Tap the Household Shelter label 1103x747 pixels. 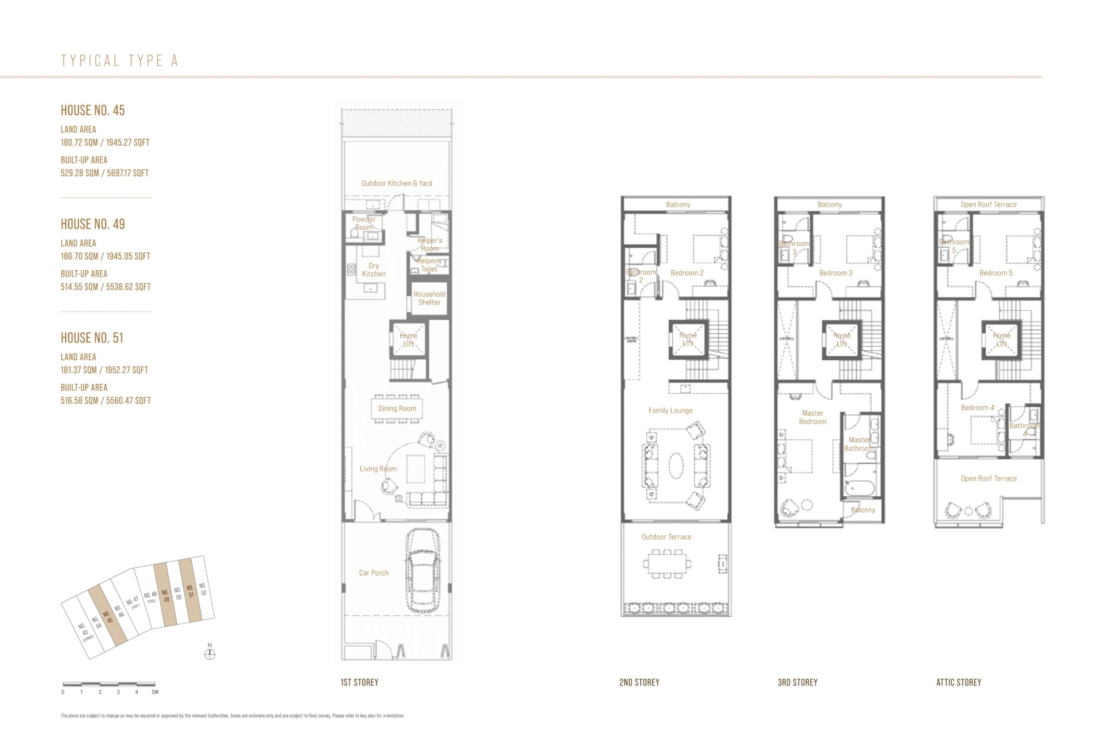pos(429,298)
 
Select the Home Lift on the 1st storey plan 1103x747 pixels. pos(408,339)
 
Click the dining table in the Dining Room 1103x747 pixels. pos(397,408)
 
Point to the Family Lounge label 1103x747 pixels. pos(670,411)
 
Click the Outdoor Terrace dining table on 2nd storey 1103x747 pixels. pos(667,564)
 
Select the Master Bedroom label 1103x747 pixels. pos(813,417)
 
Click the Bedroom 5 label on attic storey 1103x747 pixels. pos(996,273)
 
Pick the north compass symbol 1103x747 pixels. pos(209,654)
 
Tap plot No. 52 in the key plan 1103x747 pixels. pos(203,589)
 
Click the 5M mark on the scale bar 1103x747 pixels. pos(155,692)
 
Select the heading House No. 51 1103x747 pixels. pos(92,338)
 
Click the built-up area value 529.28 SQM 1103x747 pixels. pos(79,173)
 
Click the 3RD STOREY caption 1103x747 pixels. pos(798,682)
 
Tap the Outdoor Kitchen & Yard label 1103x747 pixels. pos(396,183)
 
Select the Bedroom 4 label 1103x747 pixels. pos(977,408)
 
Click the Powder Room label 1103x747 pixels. pos(364,223)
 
